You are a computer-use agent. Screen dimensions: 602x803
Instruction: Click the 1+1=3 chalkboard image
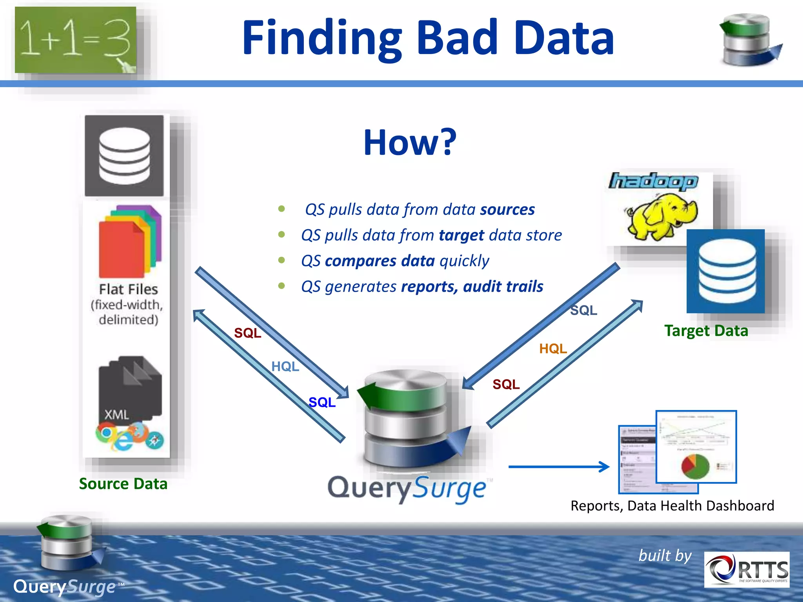click(x=75, y=40)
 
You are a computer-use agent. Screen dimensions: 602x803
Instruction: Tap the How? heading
click(x=410, y=142)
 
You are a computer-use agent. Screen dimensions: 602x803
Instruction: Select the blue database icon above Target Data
click(x=726, y=271)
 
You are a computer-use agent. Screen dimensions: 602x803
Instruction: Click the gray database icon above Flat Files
click(x=124, y=156)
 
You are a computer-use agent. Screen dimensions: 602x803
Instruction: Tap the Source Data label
click(x=123, y=484)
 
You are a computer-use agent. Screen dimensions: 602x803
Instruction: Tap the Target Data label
click(x=706, y=331)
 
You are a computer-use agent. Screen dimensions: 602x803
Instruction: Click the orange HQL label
click(x=553, y=348)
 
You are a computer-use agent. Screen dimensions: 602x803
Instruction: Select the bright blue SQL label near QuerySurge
click(x=322, y=402)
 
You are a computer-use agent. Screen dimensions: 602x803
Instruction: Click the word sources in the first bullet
click(x=507, y=210)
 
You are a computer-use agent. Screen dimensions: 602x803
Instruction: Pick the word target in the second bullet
click(x=461, y=235)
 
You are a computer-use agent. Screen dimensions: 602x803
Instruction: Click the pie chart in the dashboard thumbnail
click(x=695, y=466)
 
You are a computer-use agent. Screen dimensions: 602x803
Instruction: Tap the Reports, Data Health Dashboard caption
click(x=672, y=506)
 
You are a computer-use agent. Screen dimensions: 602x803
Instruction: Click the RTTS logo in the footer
click(x=747, y=569)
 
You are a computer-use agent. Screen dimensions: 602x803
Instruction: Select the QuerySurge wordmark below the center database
click(x=408, y=488)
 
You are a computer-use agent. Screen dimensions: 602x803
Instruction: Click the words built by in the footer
click(x=665, y=556)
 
